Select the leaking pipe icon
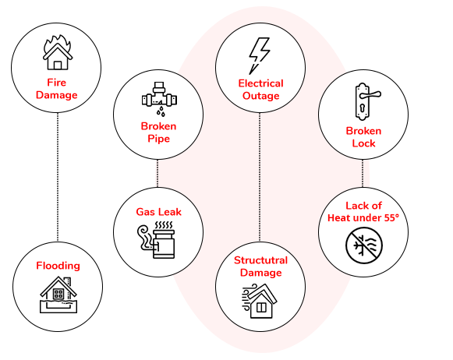tap(159, 99)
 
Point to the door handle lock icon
tap(366, 101)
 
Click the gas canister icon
tap(156, 240)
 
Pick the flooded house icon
tap(58, 295)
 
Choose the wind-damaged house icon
tap(259, 301)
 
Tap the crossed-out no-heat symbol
tap(364, 245)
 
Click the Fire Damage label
tap(57, 89)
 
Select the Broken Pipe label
tap(158, 132)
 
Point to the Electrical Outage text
tap(261, 90)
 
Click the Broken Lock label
tap(363, 137)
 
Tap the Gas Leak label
tap(158, 212)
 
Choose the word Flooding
tap(58, 266)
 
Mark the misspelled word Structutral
tap(261, 260)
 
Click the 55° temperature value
tap(391, 217)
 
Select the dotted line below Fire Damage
tap(58, 177)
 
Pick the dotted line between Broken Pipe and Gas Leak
tap(157, 174)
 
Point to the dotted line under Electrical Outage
tap(260, 177)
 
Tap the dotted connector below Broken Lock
tap(363, 174)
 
